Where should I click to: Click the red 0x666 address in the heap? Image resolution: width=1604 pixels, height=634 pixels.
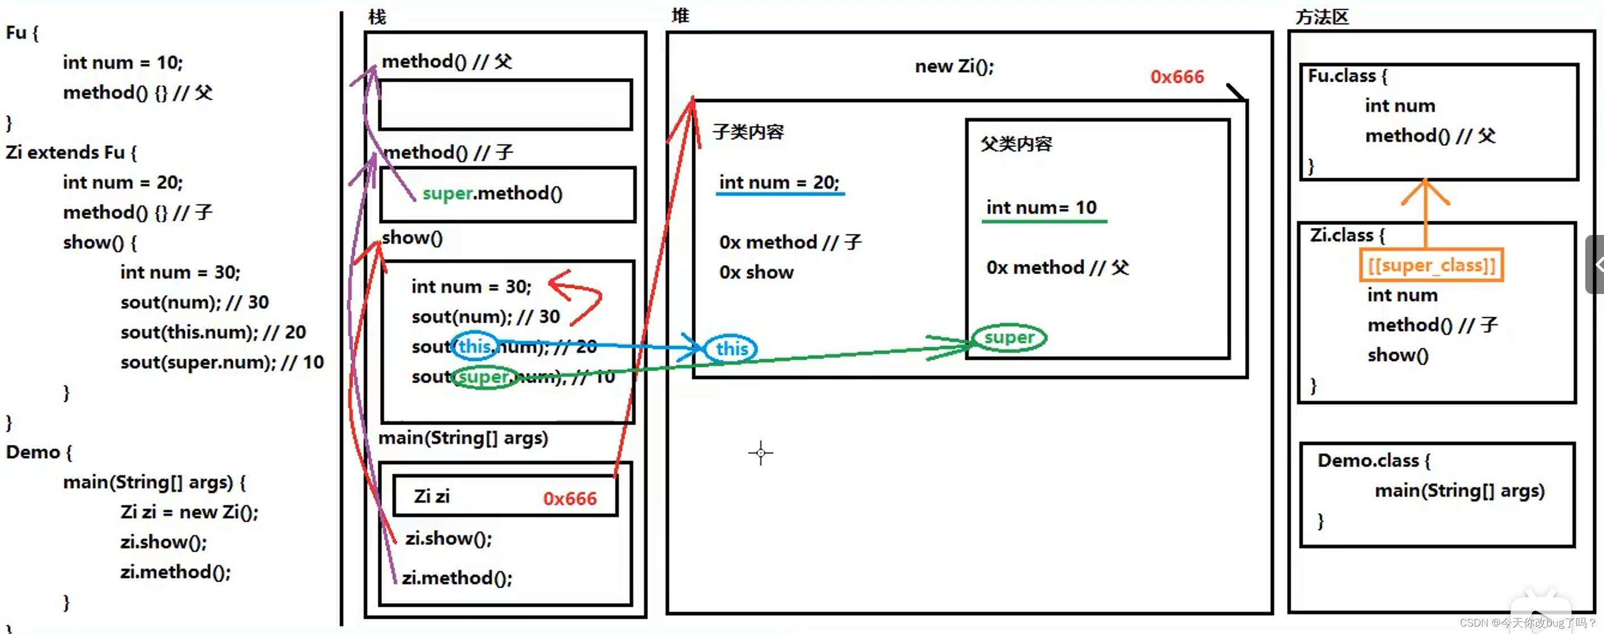(x=1176, y=77)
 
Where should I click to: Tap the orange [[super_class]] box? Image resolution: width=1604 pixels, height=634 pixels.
(x=1431, y=265)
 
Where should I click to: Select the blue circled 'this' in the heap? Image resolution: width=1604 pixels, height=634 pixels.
(x=731, y=348)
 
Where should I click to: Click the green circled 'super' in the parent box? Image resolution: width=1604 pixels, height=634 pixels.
(x=1009, y=338)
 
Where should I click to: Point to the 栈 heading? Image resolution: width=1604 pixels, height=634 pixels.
(x=377, y=17)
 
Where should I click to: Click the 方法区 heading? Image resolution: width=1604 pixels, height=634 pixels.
(x=1321, y=17)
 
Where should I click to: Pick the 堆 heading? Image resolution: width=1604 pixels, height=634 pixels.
(x=680, y=15)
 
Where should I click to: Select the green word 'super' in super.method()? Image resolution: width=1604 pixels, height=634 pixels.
(x=447, y=194)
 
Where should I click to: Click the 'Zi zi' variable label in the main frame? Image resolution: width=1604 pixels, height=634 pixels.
(x=432, y=497)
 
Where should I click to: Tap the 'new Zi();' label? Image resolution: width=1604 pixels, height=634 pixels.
(x=954, y=66)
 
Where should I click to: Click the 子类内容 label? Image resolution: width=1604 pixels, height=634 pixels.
(x=748, y=132)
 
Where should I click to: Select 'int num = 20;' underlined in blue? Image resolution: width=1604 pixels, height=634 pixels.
(x=779, y=182)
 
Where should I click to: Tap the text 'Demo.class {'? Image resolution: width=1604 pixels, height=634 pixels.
(x=1374, y=461)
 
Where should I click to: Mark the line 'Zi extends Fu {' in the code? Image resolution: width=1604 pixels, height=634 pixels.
(x=71, y=153)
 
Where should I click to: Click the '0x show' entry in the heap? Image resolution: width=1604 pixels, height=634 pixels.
(x=756, y=272)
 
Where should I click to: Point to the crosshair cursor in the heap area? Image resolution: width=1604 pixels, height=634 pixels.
(x=760, y=453)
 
